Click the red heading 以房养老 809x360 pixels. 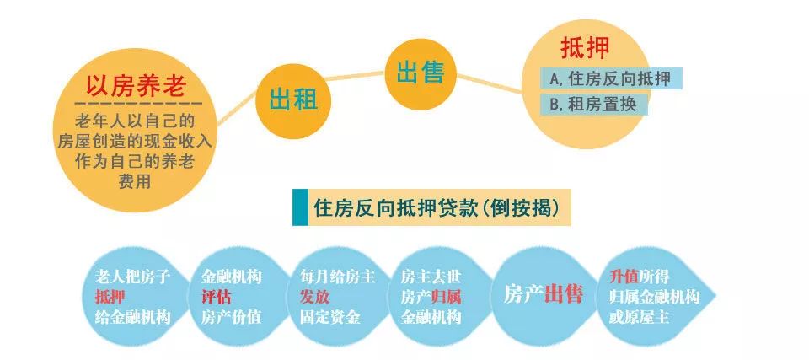(135, 86)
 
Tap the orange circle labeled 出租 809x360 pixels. (293, 100)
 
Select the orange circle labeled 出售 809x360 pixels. (421, 73)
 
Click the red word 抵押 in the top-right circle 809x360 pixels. (585, 48)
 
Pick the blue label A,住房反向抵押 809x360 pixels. (611, 79)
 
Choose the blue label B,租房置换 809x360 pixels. (593, 105)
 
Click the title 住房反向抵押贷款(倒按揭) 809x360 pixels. (437, 207)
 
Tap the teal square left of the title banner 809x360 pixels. (300, 207)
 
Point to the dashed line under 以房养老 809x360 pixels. (137, 104)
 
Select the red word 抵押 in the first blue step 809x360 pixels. (110, 297)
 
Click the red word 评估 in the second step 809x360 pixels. (217, 297)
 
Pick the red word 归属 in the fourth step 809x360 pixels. (447, 297)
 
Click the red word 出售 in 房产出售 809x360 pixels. (564, 294)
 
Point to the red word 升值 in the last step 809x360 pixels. (624, 277)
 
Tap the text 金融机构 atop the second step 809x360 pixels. (231, 277)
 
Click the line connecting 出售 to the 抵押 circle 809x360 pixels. (490, 83)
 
